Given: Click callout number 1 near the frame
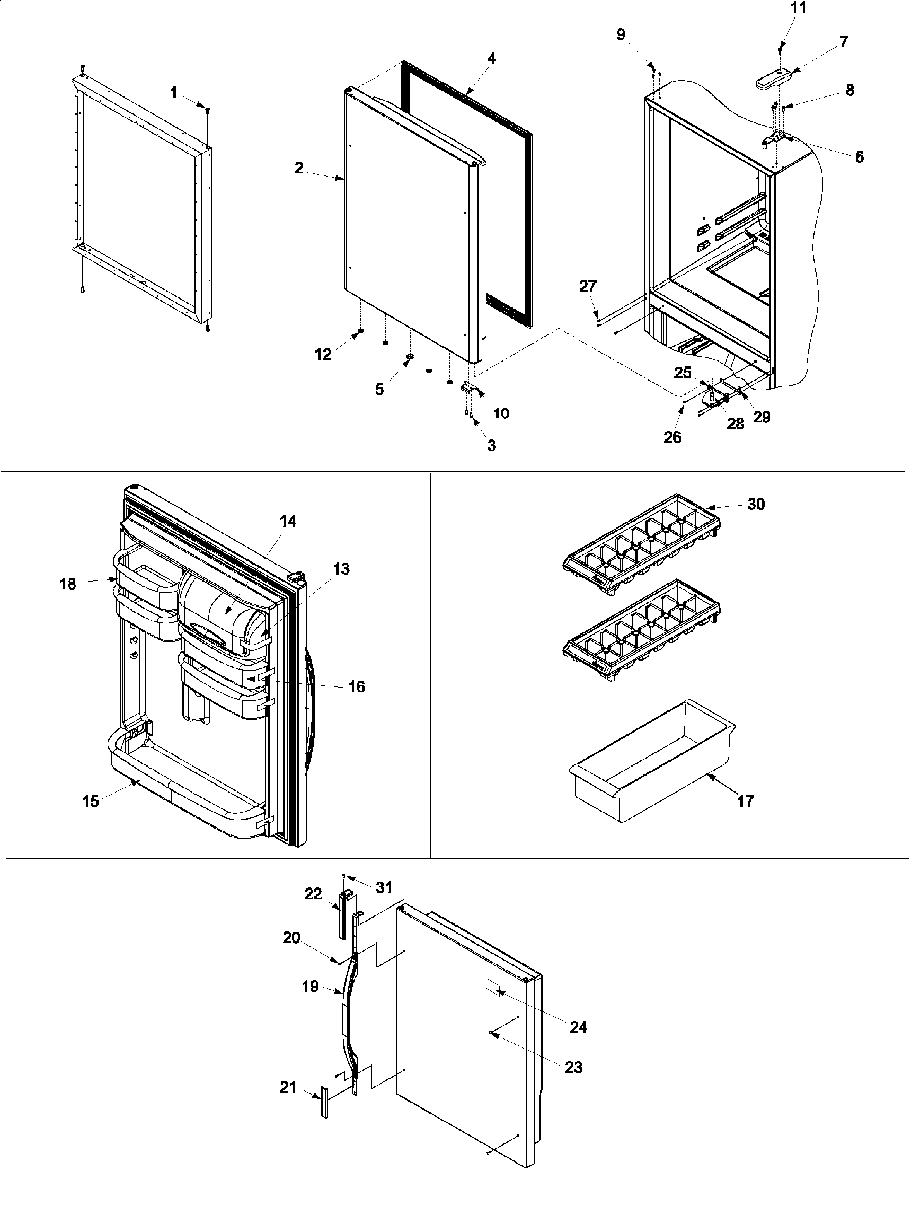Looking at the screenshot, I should (173, 93).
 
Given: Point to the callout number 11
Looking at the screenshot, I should (798, 8).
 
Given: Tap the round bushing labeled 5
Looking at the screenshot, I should (410, 358).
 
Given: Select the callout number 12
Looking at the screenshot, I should (323, 354).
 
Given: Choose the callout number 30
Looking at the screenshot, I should (756, 504).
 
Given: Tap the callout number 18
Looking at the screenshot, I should (67, 584).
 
